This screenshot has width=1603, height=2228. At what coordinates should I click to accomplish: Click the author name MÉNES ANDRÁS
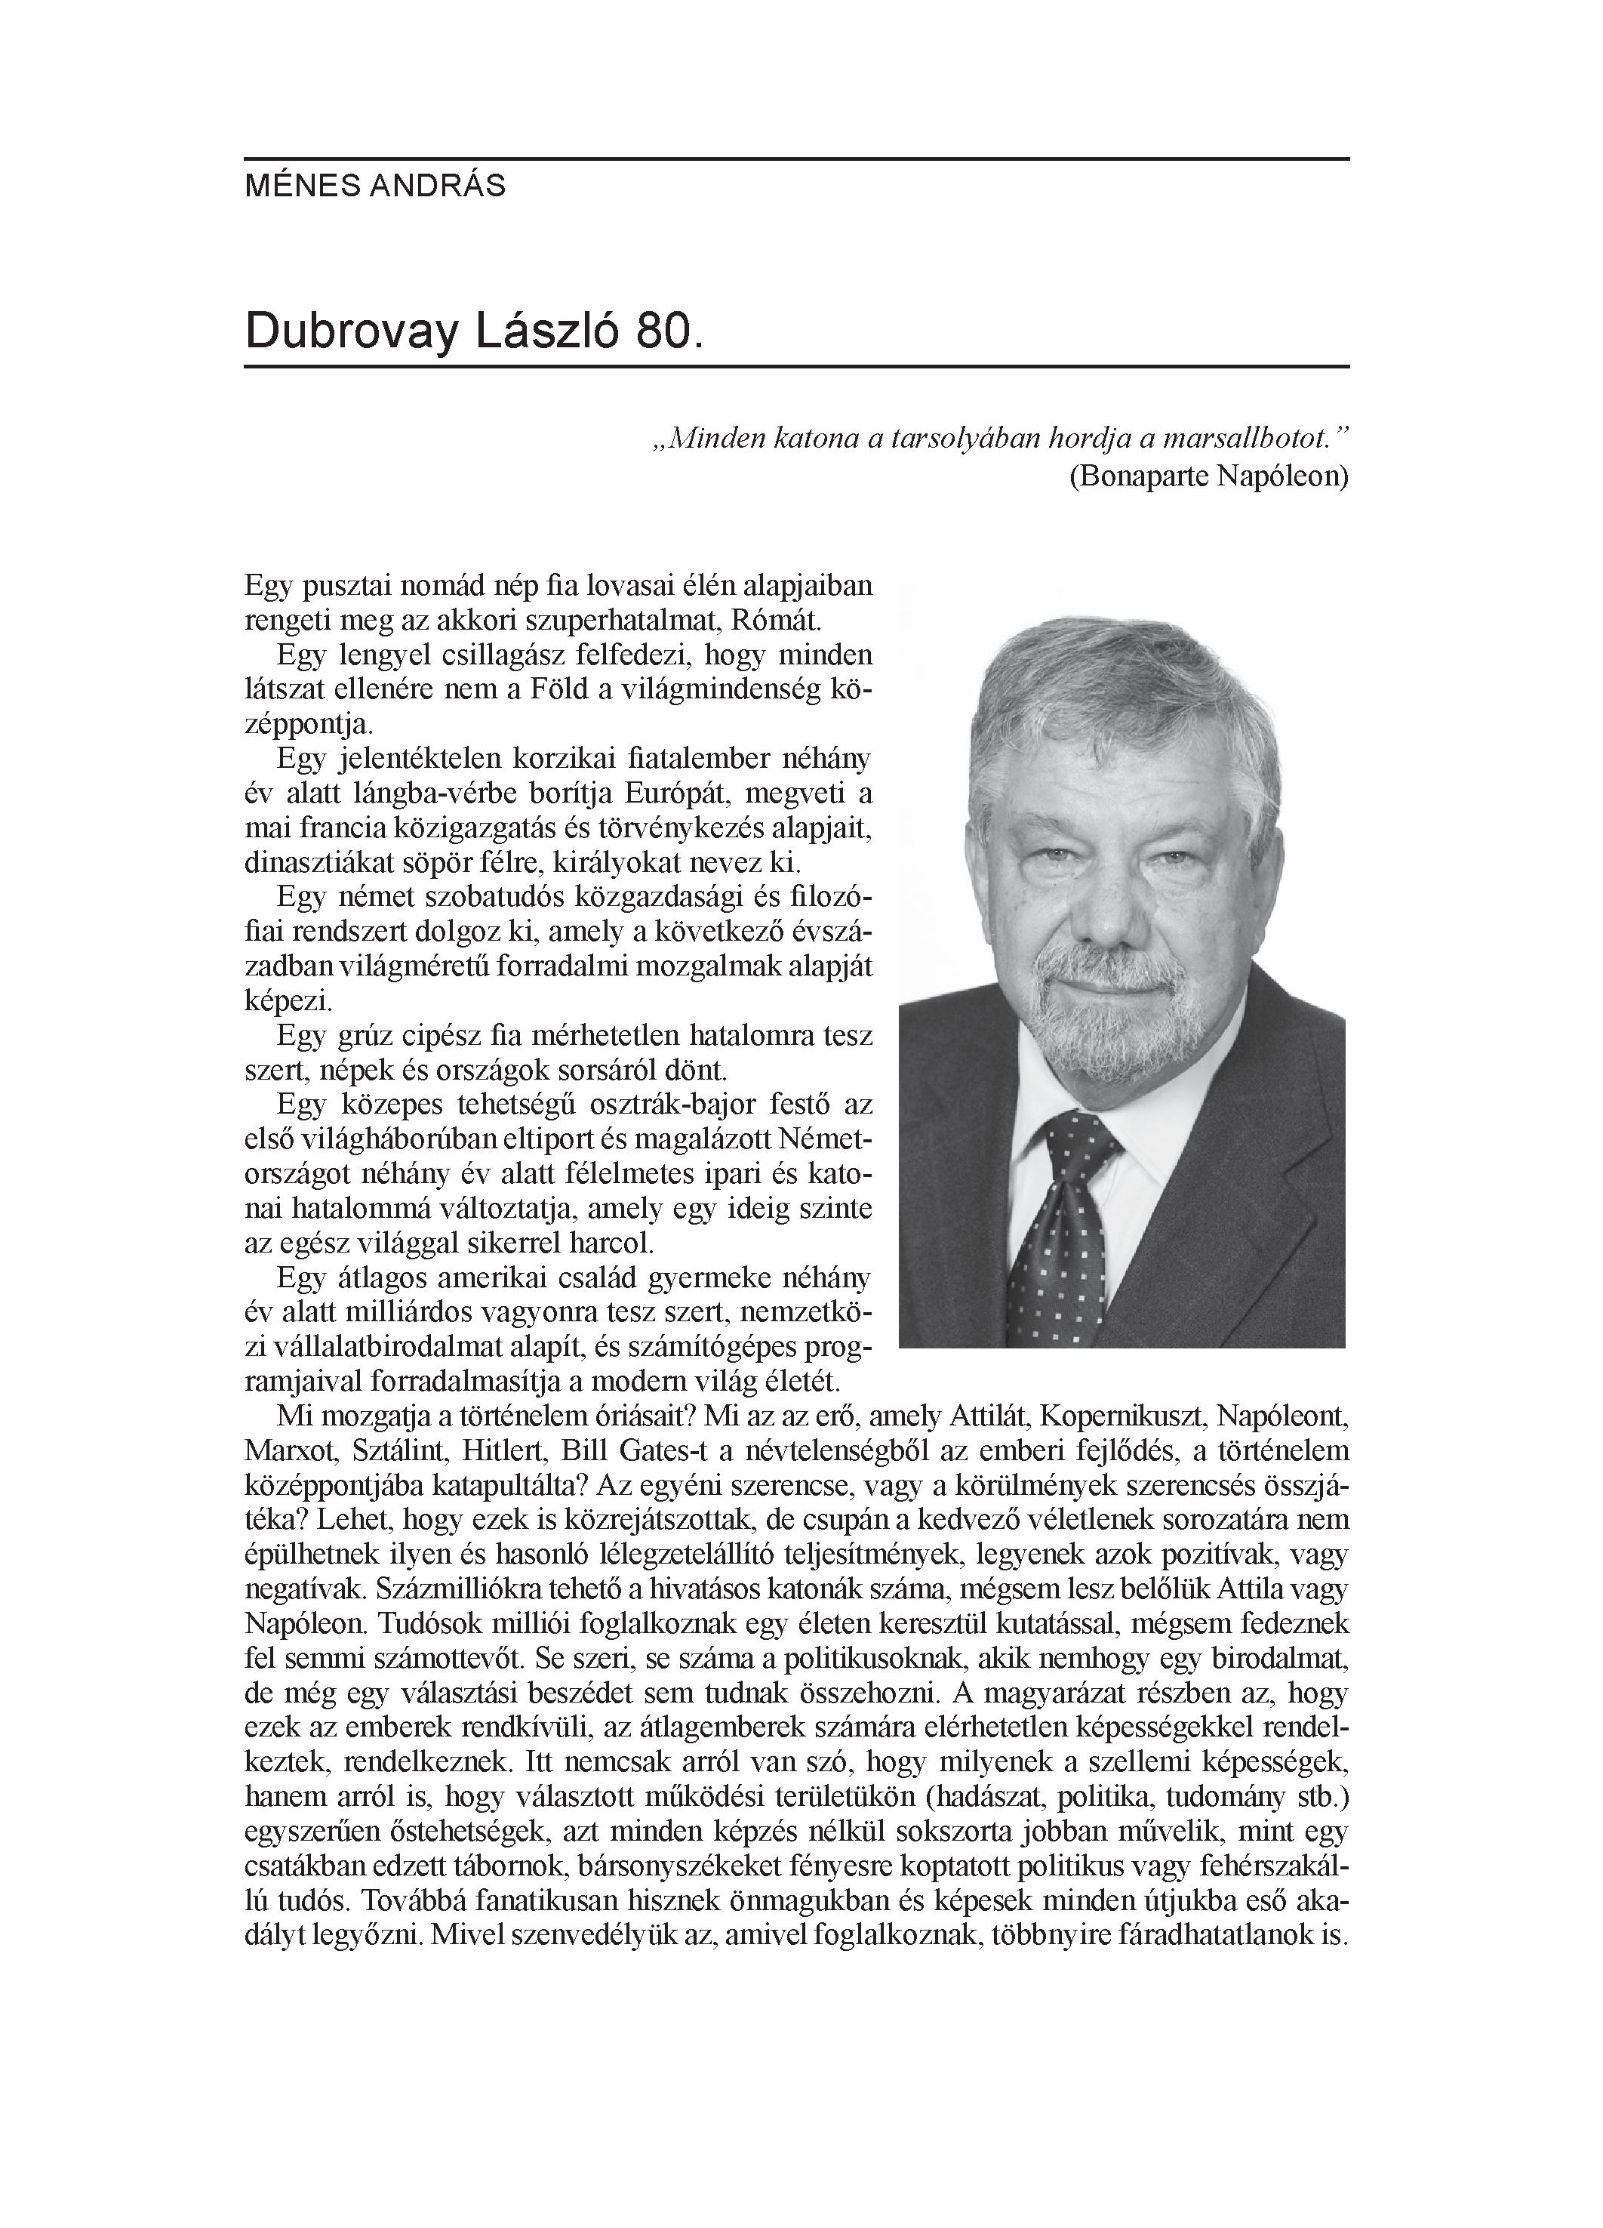[375, 186]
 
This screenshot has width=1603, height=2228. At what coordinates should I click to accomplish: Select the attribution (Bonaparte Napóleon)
[1208, 476]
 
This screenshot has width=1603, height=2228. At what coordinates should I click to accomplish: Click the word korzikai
[565, 760]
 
